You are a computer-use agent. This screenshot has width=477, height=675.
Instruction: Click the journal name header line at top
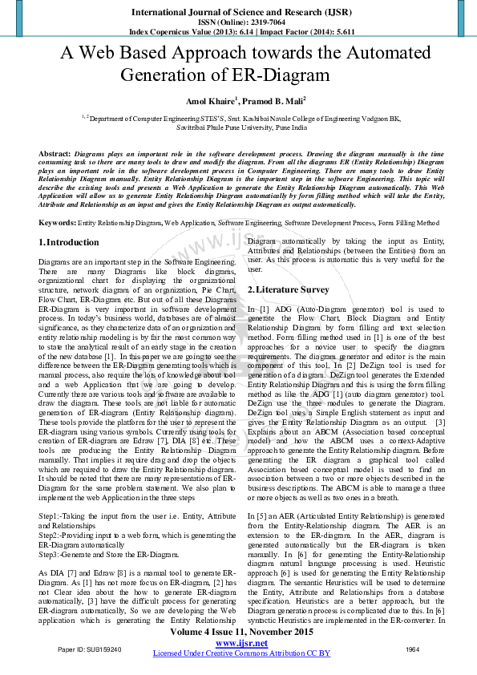(x=238, y=13)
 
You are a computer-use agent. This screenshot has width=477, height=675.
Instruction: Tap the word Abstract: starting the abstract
(x=55, y=152)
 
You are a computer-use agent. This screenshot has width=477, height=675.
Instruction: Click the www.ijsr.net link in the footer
(x=241, y=643)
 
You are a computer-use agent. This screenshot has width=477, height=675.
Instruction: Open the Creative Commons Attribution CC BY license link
(x=241, y=653)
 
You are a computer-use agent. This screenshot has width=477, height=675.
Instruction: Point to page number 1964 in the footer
(x=413, y=649)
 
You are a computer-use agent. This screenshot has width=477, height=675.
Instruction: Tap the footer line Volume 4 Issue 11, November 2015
(x=241, y=633)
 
